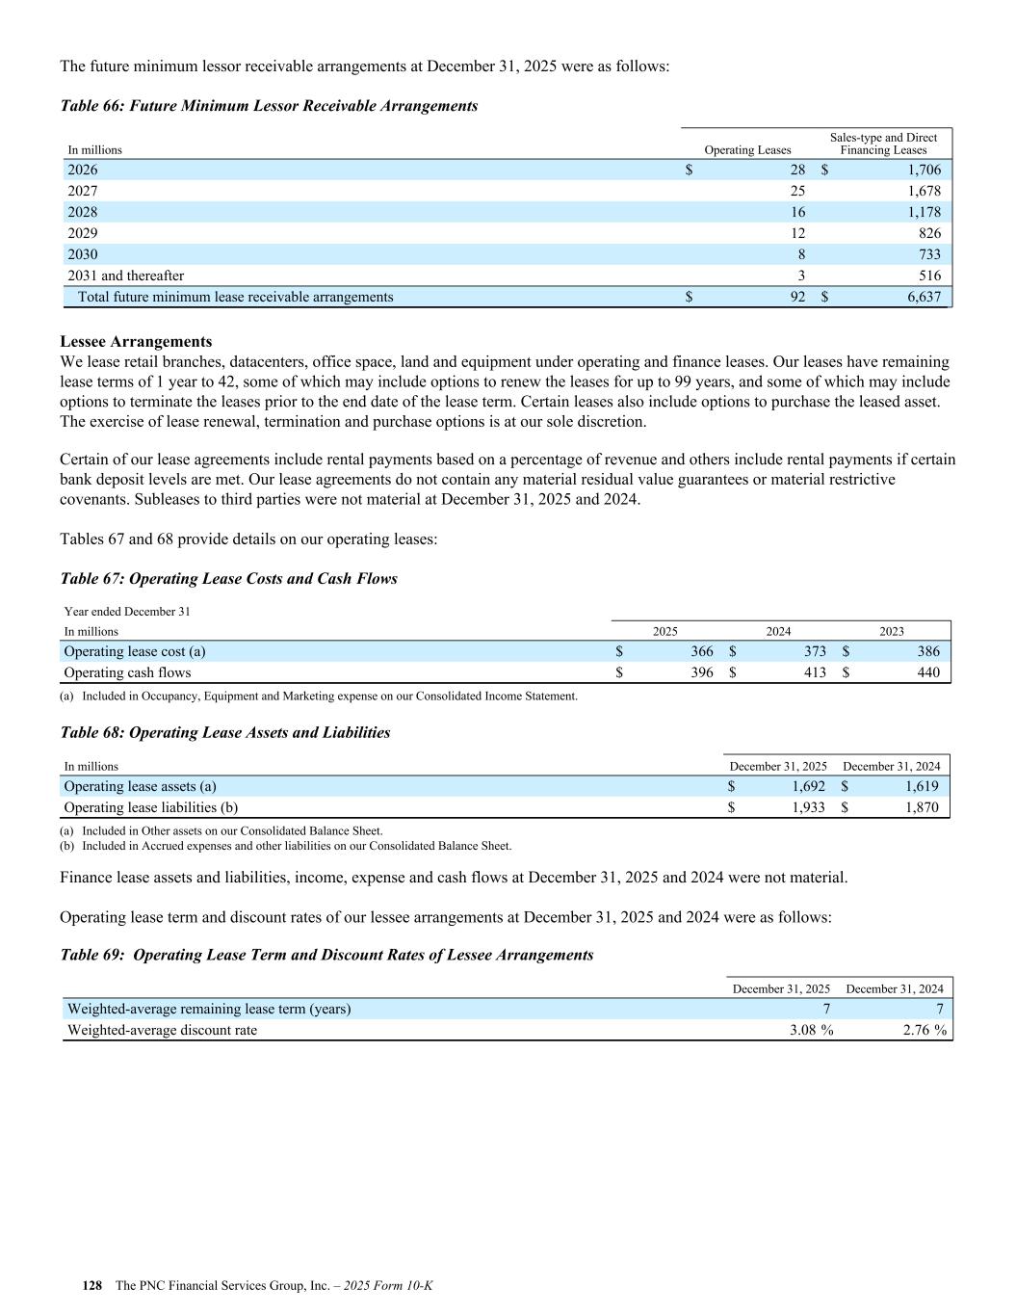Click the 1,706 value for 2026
(924, 170)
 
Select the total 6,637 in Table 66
(924, 297)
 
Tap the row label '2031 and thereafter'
(125, 276)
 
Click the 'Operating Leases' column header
(747, 149)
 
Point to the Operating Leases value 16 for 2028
(797, 212)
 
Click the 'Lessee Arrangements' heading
(136, 341)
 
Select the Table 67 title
(228, 578)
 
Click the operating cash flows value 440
(927, 672)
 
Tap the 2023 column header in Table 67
(892, 631)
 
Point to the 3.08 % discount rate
(810, 1030)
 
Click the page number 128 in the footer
(92, 1286)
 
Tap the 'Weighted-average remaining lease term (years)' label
(209, 1009)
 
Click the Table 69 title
(326, 955)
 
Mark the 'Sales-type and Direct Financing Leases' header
(883, 144)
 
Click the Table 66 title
(269, 105)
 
